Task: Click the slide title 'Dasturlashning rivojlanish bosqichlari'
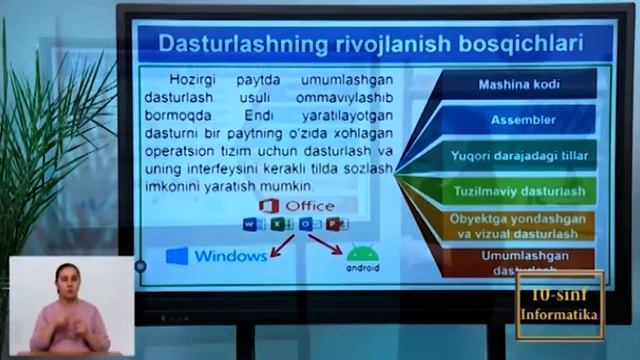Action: coord(372,44)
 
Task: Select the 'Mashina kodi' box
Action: coord(516,84)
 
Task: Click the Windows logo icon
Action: coord(177,256)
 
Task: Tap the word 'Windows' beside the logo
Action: coord(230,256)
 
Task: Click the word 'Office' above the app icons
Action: coord(310,206)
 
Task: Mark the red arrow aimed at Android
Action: coord(325,243)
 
